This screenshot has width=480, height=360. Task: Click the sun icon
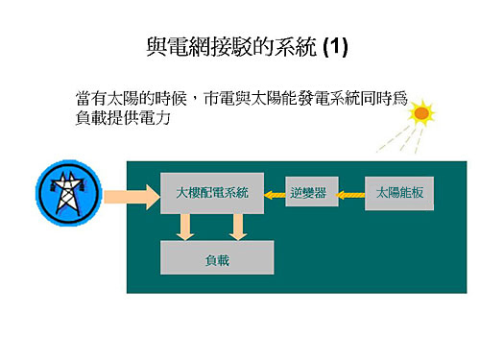click(420, 113)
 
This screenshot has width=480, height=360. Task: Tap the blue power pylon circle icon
click(66, 194)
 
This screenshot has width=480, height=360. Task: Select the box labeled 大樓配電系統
click(212, 193)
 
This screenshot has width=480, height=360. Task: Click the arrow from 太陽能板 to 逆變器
click(351, 194)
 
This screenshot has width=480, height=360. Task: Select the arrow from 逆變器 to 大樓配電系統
click(273, 194)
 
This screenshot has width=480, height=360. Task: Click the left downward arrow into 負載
click(185, 226)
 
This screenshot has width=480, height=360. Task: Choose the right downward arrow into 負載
click(237, 226)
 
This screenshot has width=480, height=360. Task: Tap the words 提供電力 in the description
click(144, 119)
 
